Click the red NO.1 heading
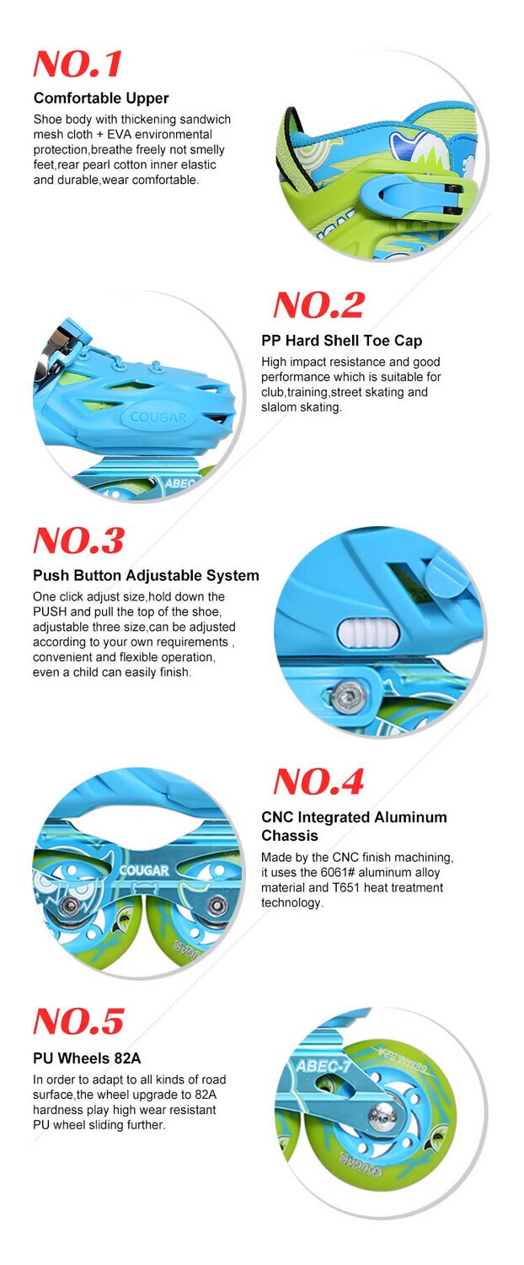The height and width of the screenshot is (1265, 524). [78, 63]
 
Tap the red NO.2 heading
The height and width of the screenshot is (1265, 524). [319, 305]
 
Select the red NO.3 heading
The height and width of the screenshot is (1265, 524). [78, 541]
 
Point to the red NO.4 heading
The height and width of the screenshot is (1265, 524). [318, 782]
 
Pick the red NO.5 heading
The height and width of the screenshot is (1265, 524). [78, 1021]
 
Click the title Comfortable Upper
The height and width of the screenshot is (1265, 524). [102, 99]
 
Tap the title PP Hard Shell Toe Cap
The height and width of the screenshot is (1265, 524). [342, 341]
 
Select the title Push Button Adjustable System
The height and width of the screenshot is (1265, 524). [146, 575]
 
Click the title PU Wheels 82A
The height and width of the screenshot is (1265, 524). [87, 1058]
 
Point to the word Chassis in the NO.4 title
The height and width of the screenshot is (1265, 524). [290, 835]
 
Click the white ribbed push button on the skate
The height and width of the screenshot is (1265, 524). [368, 633]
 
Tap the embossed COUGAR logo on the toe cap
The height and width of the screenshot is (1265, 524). [158, 417]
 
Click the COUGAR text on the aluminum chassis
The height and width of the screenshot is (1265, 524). [144, 870]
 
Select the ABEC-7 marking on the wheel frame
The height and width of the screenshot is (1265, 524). [323, 1066]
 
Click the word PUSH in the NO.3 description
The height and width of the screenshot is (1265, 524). [50, 611]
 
